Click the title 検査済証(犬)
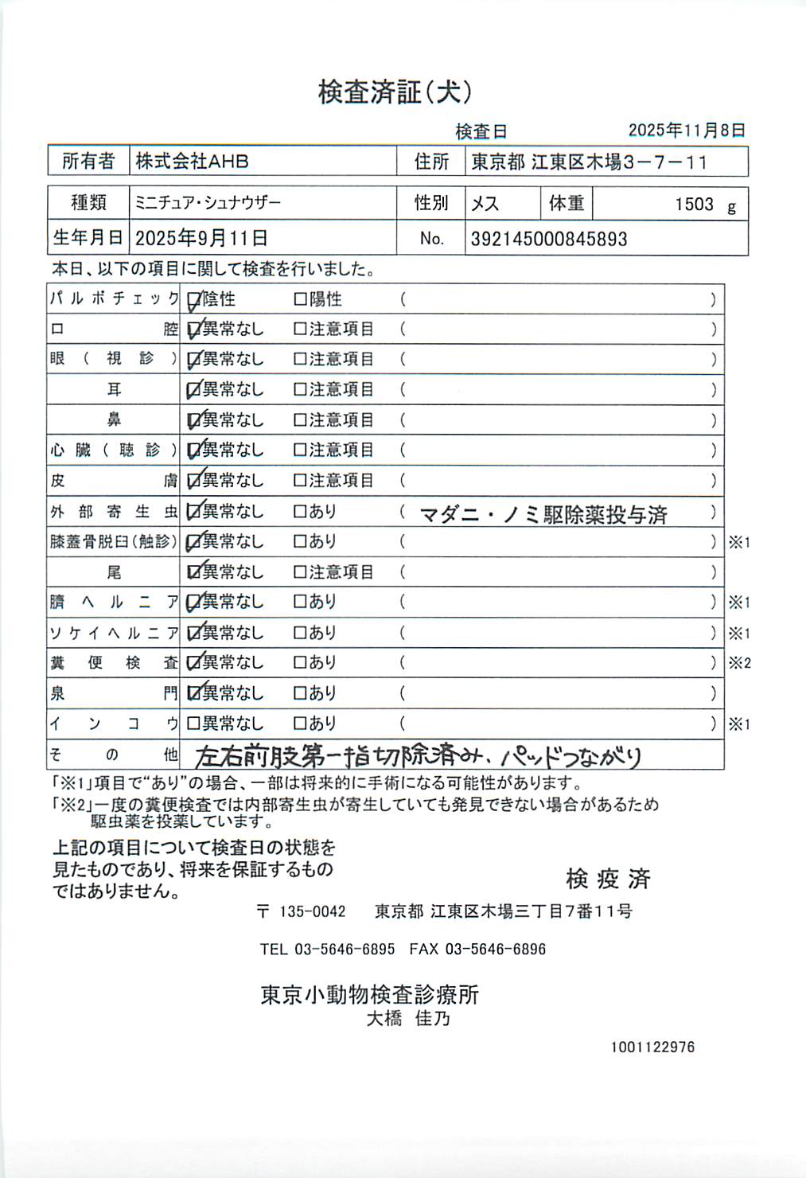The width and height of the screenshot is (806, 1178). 395,92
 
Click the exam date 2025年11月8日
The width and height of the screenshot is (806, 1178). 686,131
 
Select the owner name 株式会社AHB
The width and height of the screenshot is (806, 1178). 192,162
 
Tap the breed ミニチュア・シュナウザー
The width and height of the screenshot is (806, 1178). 208,203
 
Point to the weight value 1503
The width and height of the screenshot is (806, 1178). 694,205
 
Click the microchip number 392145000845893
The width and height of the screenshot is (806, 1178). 549,239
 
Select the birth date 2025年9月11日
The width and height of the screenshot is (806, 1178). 201,238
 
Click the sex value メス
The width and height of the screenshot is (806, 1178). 485,204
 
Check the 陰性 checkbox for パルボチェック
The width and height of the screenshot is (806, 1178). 193,300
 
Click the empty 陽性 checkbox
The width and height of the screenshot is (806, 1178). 300,299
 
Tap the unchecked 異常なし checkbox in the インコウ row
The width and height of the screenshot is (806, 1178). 193,724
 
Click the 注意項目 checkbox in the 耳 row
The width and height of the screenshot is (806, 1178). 300,390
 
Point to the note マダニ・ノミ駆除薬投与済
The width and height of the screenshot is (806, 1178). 543,515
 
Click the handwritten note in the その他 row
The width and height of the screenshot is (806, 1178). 418,755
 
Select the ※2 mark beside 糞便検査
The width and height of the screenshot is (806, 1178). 739,663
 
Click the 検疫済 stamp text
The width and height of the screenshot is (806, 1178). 608,879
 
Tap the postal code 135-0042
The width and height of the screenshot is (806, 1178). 312,912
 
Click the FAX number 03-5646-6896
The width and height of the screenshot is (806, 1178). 495,949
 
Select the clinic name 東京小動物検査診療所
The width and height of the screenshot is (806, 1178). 370,995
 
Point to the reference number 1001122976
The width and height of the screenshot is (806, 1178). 652,1047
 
